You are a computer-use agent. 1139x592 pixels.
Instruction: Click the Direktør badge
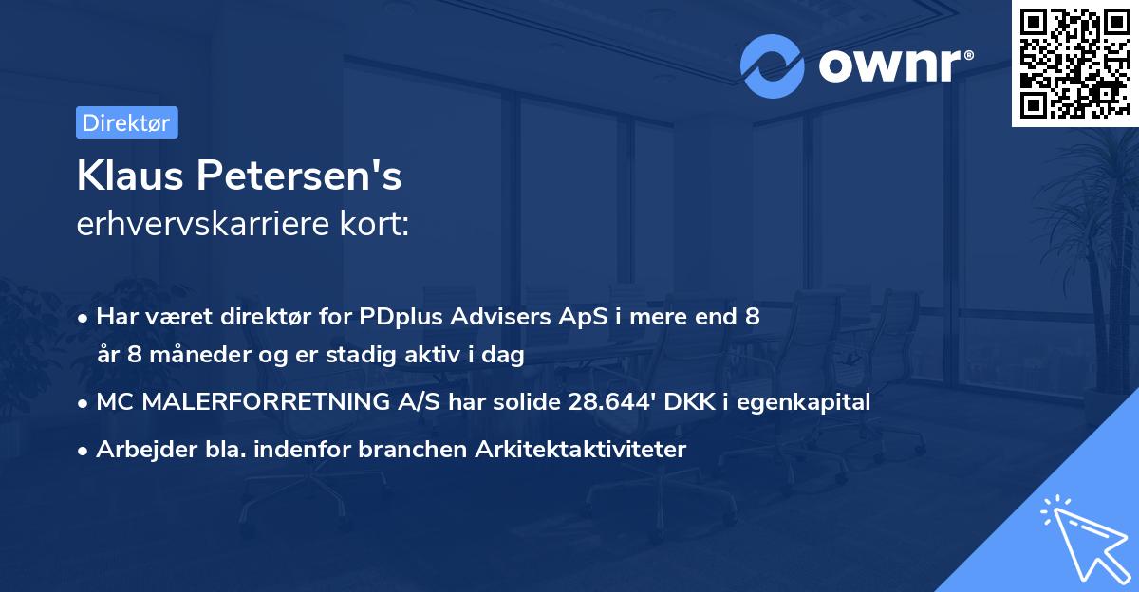(x=126, y=122)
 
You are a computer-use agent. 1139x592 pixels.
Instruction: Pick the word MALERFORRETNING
(x=249, y=401)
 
